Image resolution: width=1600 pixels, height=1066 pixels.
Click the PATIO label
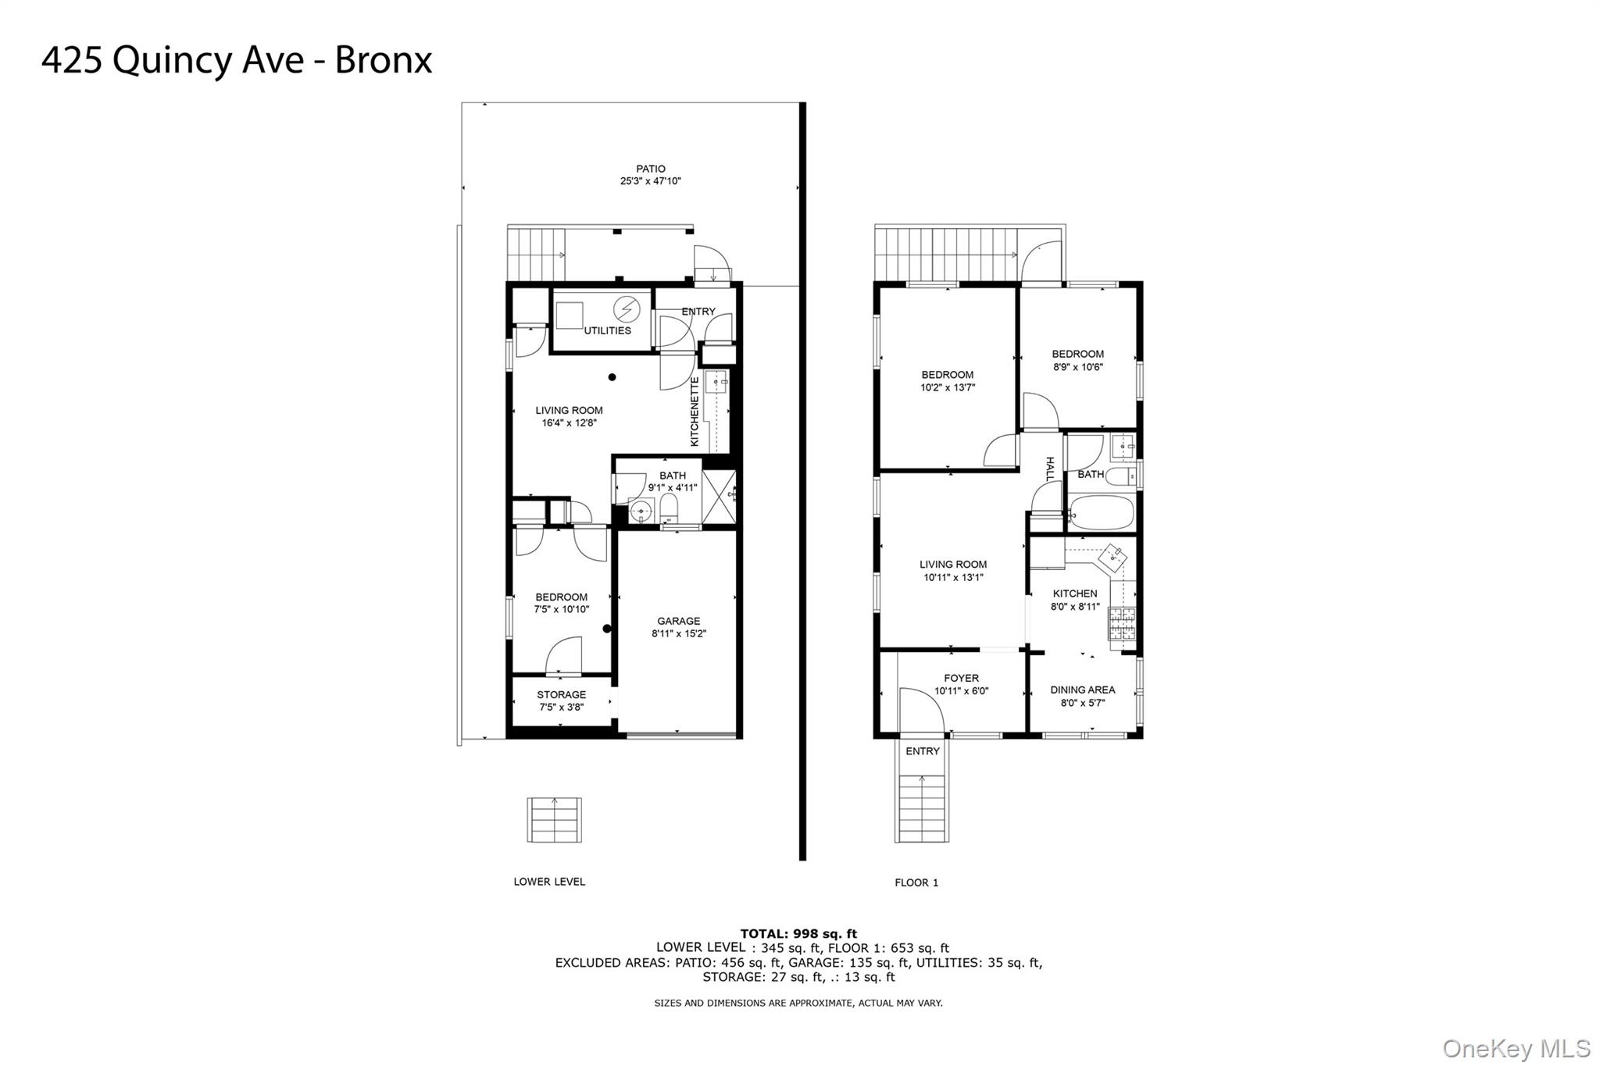pyautogui.click(x=650, y=169)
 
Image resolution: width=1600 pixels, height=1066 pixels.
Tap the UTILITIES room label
pyautogui.click(x=607, y=330)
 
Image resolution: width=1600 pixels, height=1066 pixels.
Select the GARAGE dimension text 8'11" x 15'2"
pyautogui.click(x=678, y=634)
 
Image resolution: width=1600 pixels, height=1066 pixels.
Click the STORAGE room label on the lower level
pyautogui.click(x=561, y=694)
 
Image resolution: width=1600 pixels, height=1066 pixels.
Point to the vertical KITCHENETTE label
pyautogui.click(x=695, y=412)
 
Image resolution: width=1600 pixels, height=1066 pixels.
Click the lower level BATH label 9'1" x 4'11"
pyautogui.click(x=672, y=481)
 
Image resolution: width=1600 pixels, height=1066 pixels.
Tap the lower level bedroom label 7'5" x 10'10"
pyautogui.click(x=561, y=603)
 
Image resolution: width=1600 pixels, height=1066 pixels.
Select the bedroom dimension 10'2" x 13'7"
pyautogui.click(x=947, y=387)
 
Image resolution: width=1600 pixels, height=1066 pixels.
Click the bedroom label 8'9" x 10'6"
pyautogui.click(x=1077, y=360)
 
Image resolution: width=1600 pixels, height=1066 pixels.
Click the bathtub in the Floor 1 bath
pyautogui.click(x=1099, y=513)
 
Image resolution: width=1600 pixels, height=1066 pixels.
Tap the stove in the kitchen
pyautogui.click(x=1122, y=623)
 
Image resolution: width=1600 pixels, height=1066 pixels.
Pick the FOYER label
pyautogui.click(x=961, y=678)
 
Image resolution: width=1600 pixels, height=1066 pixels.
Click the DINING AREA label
pyautogui.click(x=1082, y=690)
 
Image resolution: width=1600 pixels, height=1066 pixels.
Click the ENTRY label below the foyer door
pyautogui.click(x=922, y=751)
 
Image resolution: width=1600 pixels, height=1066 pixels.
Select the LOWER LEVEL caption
pyautogui.click(x=548, y=882)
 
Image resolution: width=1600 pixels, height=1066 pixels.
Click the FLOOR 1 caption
pyautogui.click(x=916, y=882)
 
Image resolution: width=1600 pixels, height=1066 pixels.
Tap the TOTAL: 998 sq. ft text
pyautogui.click(x=798, y=933)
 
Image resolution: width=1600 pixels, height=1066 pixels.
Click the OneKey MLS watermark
pyautogui.click(x=1516, y=1048)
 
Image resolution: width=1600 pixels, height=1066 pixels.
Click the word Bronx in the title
pyautogui.click(x=383, y=60)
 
